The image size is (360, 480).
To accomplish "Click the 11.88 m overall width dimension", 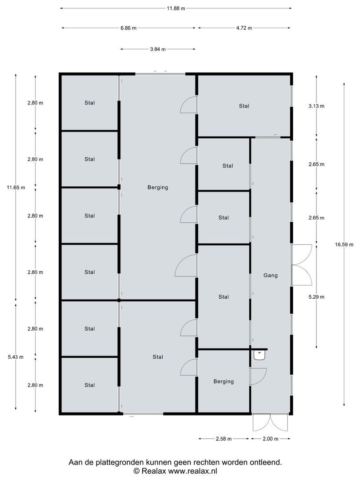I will tap(176, 8).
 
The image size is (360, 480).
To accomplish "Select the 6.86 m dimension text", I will tap(128, 28).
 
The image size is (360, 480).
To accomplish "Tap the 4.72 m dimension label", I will tap(244, 28).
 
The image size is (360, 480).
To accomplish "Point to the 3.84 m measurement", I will tap(158, 49).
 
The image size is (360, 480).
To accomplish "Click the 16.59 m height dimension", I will tap(344, 244).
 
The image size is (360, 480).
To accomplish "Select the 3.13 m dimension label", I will tap(316, 106).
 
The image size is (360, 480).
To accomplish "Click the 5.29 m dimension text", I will tap(316, 297).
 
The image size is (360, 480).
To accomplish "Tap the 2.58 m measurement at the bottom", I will tap(223, 439).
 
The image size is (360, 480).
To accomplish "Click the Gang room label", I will tap(270, 276).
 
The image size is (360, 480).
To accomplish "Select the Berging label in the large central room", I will tap(158, 188).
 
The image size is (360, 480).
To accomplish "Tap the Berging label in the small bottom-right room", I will tap(223, 381).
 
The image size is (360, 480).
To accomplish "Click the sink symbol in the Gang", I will tap(259, 355).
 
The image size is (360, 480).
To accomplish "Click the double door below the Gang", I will tap(261, 422).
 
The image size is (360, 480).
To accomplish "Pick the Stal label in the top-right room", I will tap(244, 106).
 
